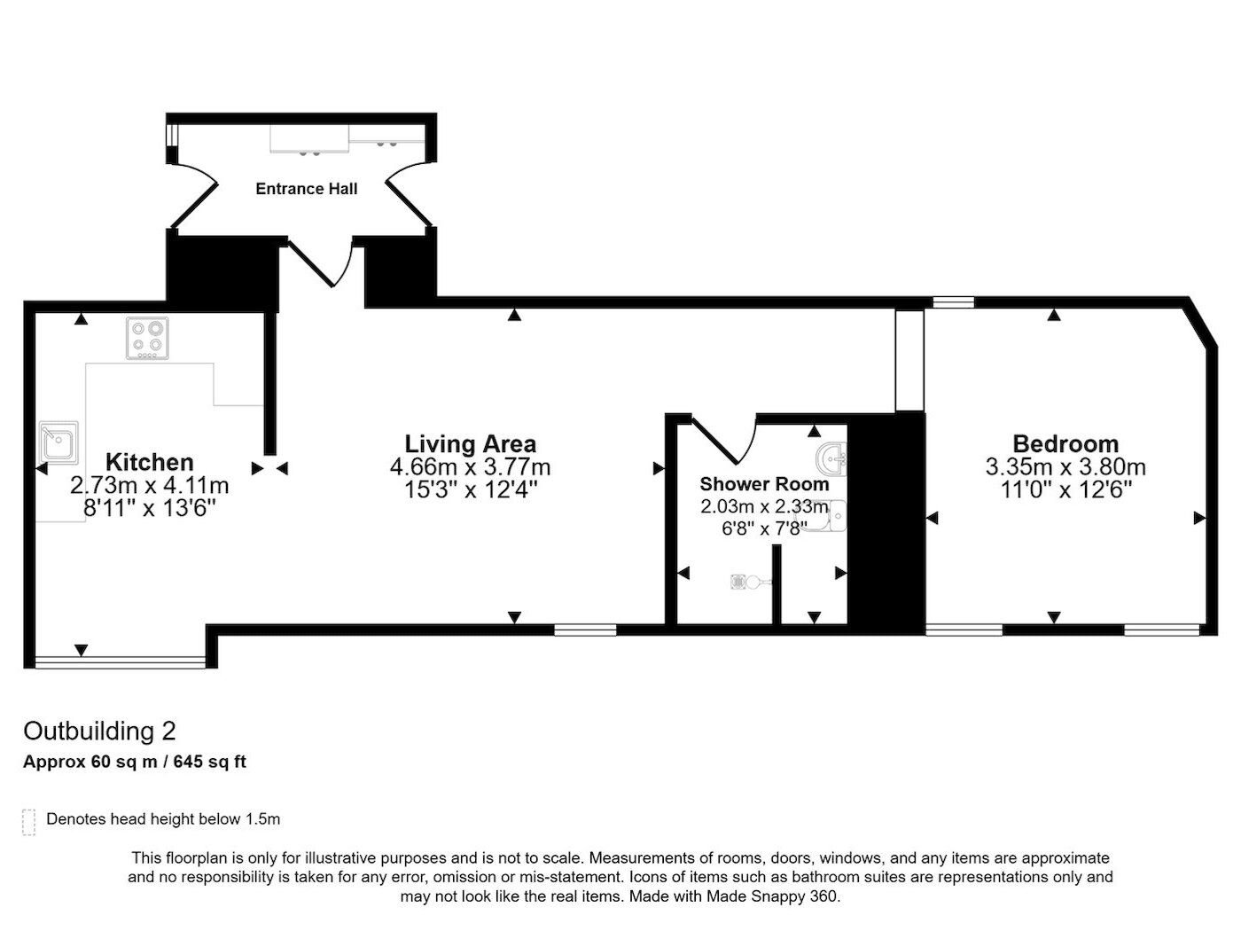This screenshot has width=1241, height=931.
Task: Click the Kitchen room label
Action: click(149, 462)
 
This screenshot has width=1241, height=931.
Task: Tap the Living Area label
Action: click(471, 443)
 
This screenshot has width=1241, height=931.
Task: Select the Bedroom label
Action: click(1065, 443)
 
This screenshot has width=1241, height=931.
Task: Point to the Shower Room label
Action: click(764, 484)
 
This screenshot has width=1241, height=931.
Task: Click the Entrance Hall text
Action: click(307, 189)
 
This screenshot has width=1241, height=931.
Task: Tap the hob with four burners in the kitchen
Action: click(147, 338)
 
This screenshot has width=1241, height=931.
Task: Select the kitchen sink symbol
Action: click(59, 442)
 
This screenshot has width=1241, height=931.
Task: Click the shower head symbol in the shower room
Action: click(750, 582)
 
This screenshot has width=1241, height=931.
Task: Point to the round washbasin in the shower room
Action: click(831, 459)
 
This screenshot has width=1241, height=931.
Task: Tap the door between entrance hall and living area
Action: click(321, 262)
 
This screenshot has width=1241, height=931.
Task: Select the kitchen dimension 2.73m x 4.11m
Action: click(149, 485)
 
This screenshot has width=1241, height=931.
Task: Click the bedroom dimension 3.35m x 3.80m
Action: click(1065, 467)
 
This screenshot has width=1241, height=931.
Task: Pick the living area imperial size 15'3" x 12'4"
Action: click(471, 489)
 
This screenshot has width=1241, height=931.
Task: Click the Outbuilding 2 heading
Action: click(99, 731)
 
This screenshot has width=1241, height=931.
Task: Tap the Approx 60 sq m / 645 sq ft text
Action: click(135, 762)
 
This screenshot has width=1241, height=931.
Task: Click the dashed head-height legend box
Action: click(29, 822)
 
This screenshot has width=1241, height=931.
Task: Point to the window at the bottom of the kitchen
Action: click(121, 661)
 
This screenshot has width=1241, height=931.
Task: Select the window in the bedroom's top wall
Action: click(953, 301)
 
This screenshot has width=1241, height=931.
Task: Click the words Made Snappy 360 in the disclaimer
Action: click(772, 896)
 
